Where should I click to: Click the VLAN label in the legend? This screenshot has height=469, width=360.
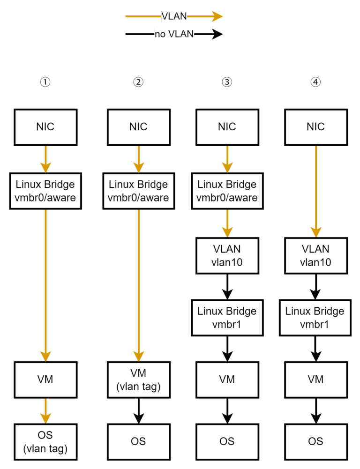[x=174, y=16]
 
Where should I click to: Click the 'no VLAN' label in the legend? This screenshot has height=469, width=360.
[x=174, y=34]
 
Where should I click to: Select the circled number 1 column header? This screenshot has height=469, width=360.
[x=45, y=82]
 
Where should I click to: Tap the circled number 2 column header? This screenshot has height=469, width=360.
[x=138, y=82]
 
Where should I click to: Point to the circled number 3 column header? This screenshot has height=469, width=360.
[x=227, y=82]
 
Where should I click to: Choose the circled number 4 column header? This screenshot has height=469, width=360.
[x=315, y=82]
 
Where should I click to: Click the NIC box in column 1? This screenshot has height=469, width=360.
[x=45, y=127]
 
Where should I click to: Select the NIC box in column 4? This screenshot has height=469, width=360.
[x=315, y=127]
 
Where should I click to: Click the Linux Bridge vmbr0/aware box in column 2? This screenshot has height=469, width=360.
[x=138, y=191]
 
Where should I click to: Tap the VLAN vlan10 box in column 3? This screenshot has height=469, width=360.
[x=227, y=255]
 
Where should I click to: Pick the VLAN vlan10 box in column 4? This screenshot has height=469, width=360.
[x=315, y=255]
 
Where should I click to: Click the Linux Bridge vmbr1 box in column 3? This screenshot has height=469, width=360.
[x=227, y=318]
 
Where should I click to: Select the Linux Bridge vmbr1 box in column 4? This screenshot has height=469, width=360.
[x=315, y=318]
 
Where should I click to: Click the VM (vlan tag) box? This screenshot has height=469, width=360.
[x=138, y=380]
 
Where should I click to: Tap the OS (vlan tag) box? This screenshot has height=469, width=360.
[x=45, y=442]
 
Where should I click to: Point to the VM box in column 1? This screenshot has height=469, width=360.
[x=45, y=379]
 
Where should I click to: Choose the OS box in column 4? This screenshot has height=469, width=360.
[x=315, y=441]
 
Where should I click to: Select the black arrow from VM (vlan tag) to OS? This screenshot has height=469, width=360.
[x=138, y=410]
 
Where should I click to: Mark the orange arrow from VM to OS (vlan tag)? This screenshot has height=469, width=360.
[x=45, y=410]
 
